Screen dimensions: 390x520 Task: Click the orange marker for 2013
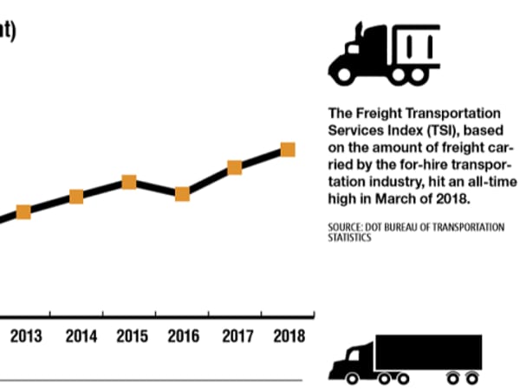click(x=23, y=212)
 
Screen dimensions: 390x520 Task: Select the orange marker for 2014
click(x=76, y=197)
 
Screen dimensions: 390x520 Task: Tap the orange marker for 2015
click(x=129, y=182)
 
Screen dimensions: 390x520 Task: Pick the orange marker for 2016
click(x=182, y=193)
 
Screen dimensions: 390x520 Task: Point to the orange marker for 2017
click(x=234, y=167)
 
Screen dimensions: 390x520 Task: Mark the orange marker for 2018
click(x=288, y=150)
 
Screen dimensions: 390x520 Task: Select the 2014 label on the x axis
click(x=81, y=336)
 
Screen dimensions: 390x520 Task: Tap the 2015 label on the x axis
click(x=132, y=336)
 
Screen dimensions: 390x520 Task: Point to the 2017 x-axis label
click(x=237, y=336)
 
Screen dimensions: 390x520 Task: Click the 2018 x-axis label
click(x=289, y=336)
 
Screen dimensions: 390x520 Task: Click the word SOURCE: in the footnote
click(x=345, y=227)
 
